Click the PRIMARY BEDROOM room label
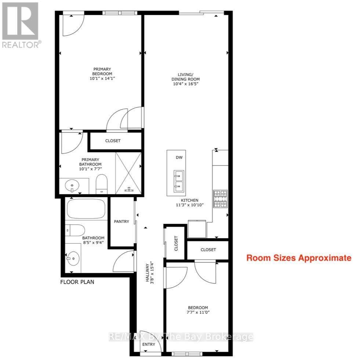[102, 71]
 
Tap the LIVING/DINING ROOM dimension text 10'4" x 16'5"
[186, 84]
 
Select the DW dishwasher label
[179, 157]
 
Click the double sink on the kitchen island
[179, 181]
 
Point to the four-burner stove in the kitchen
[220, 199]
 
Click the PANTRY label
[122, 222]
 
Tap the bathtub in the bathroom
[86, 208]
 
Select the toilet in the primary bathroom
[102, 184]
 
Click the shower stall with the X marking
[128, 173]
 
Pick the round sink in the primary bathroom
[72, 186]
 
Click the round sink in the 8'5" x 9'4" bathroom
[73, 258]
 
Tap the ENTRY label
[149, 344]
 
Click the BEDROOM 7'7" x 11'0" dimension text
[198, 312]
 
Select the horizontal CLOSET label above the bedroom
[208, 250]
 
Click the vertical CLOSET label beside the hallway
[176, 243]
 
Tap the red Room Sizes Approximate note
[299, 258]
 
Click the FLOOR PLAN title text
[77, 282]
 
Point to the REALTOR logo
[21, 25]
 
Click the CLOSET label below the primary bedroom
[113, 141]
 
